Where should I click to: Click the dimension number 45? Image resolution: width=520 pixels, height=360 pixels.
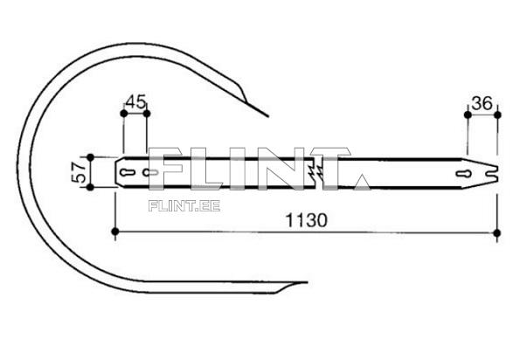[135, 101]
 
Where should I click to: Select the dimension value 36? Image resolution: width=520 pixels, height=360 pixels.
[482, 102]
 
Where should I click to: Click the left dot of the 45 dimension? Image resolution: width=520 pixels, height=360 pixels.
[123, 114]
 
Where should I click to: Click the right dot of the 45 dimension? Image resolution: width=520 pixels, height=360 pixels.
[146, 114]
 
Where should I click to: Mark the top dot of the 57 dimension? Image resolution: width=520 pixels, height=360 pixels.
[91, 158]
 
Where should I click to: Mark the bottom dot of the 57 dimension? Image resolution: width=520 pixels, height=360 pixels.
[91, 186]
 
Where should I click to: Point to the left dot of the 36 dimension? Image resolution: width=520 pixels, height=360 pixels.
[468, 114]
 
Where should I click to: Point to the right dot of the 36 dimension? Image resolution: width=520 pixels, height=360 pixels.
[496, 114]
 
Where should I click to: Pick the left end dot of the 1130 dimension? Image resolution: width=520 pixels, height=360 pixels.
[115, 232]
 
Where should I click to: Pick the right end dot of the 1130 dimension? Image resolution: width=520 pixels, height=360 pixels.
[496, 232]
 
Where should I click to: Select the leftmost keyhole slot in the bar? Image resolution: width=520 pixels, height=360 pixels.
[128, 173]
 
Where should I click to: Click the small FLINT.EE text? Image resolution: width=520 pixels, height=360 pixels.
[184, 207]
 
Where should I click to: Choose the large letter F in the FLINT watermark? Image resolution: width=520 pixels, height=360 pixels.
[167, 168]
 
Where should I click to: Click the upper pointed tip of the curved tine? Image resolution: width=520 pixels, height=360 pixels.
[267, 114]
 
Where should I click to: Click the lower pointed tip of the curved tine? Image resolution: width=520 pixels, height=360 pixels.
[306, 281]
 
